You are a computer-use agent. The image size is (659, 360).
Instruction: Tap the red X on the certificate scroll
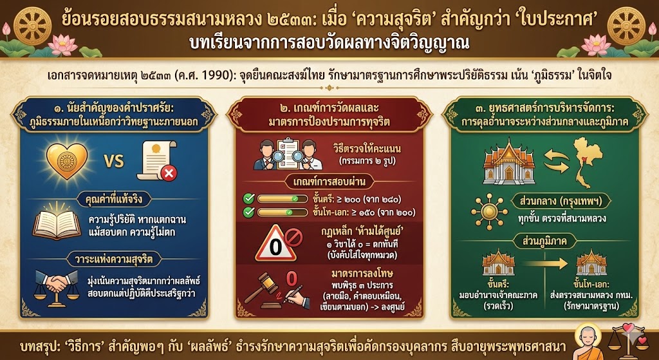pyautogui.click(x=169, y=173)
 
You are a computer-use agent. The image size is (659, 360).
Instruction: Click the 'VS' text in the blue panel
pyautogui.click(x=113, y=162)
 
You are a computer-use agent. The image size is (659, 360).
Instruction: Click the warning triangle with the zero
pyautogui.click(x=275, y=243)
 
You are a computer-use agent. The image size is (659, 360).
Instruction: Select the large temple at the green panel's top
pyautogui.click(x=508, y=162)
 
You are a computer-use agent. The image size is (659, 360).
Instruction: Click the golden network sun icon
pyautogui.click(x=488, y=213)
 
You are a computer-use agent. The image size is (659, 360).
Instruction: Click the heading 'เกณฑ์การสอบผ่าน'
pyautogui.click(x=329, y=182)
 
